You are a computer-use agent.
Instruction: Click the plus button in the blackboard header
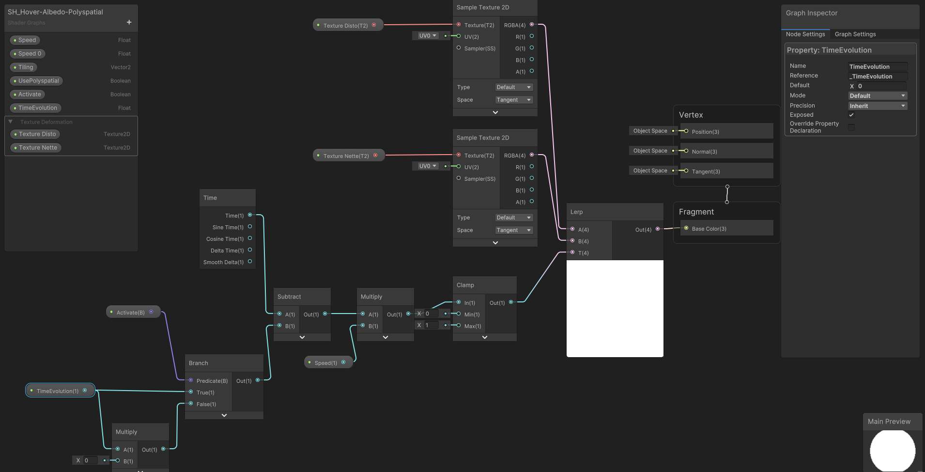129,22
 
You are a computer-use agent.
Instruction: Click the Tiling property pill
26,67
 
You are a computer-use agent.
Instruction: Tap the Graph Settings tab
855,34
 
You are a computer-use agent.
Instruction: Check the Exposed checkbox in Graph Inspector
851,115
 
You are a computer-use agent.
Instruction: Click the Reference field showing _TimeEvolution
877,77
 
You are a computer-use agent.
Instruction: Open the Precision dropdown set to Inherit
877,106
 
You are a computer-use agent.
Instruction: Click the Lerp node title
576,212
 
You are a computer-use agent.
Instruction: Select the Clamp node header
465,285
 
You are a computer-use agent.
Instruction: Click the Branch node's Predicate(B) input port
191,380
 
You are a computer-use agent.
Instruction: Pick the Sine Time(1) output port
250,227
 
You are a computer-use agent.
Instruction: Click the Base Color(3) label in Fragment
709,229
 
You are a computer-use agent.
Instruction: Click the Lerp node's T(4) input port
572,252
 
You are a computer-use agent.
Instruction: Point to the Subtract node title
289,297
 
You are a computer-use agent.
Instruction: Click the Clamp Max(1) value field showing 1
431,325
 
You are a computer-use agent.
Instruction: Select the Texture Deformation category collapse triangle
11,122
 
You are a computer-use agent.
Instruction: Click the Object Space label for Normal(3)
650,151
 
